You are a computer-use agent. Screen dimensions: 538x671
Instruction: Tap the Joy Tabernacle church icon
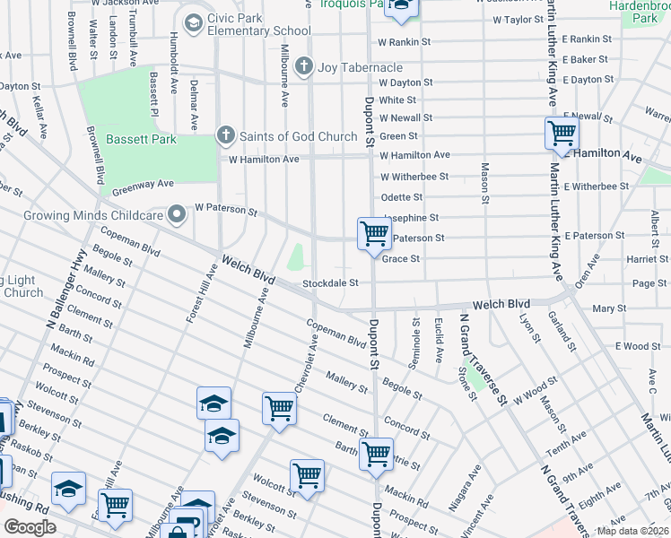(305, 66)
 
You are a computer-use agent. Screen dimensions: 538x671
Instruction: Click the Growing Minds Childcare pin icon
(178, 214)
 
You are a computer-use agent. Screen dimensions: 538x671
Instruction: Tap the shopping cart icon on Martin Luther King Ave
(562, 134)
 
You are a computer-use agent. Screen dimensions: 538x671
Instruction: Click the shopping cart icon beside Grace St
(374, 234)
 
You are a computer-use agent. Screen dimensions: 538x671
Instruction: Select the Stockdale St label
(330, 283)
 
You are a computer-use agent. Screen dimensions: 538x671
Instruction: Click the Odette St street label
(401, 197)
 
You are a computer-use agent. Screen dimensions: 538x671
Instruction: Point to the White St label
(397, 100)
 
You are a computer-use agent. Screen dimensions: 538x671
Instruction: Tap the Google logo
(29, 527)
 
